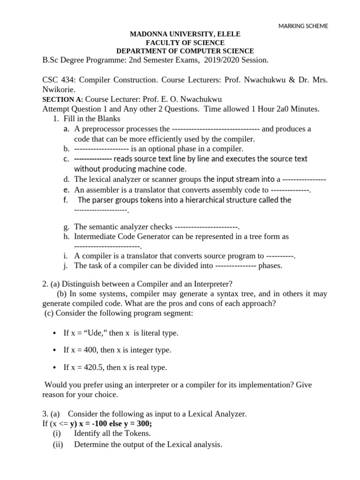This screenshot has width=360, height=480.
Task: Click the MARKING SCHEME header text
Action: coord(303,26)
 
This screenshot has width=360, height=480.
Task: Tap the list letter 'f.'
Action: coord(66,200)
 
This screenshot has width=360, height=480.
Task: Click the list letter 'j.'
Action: coord(66,266)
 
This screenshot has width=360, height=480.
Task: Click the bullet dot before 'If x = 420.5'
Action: coord(55,367)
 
